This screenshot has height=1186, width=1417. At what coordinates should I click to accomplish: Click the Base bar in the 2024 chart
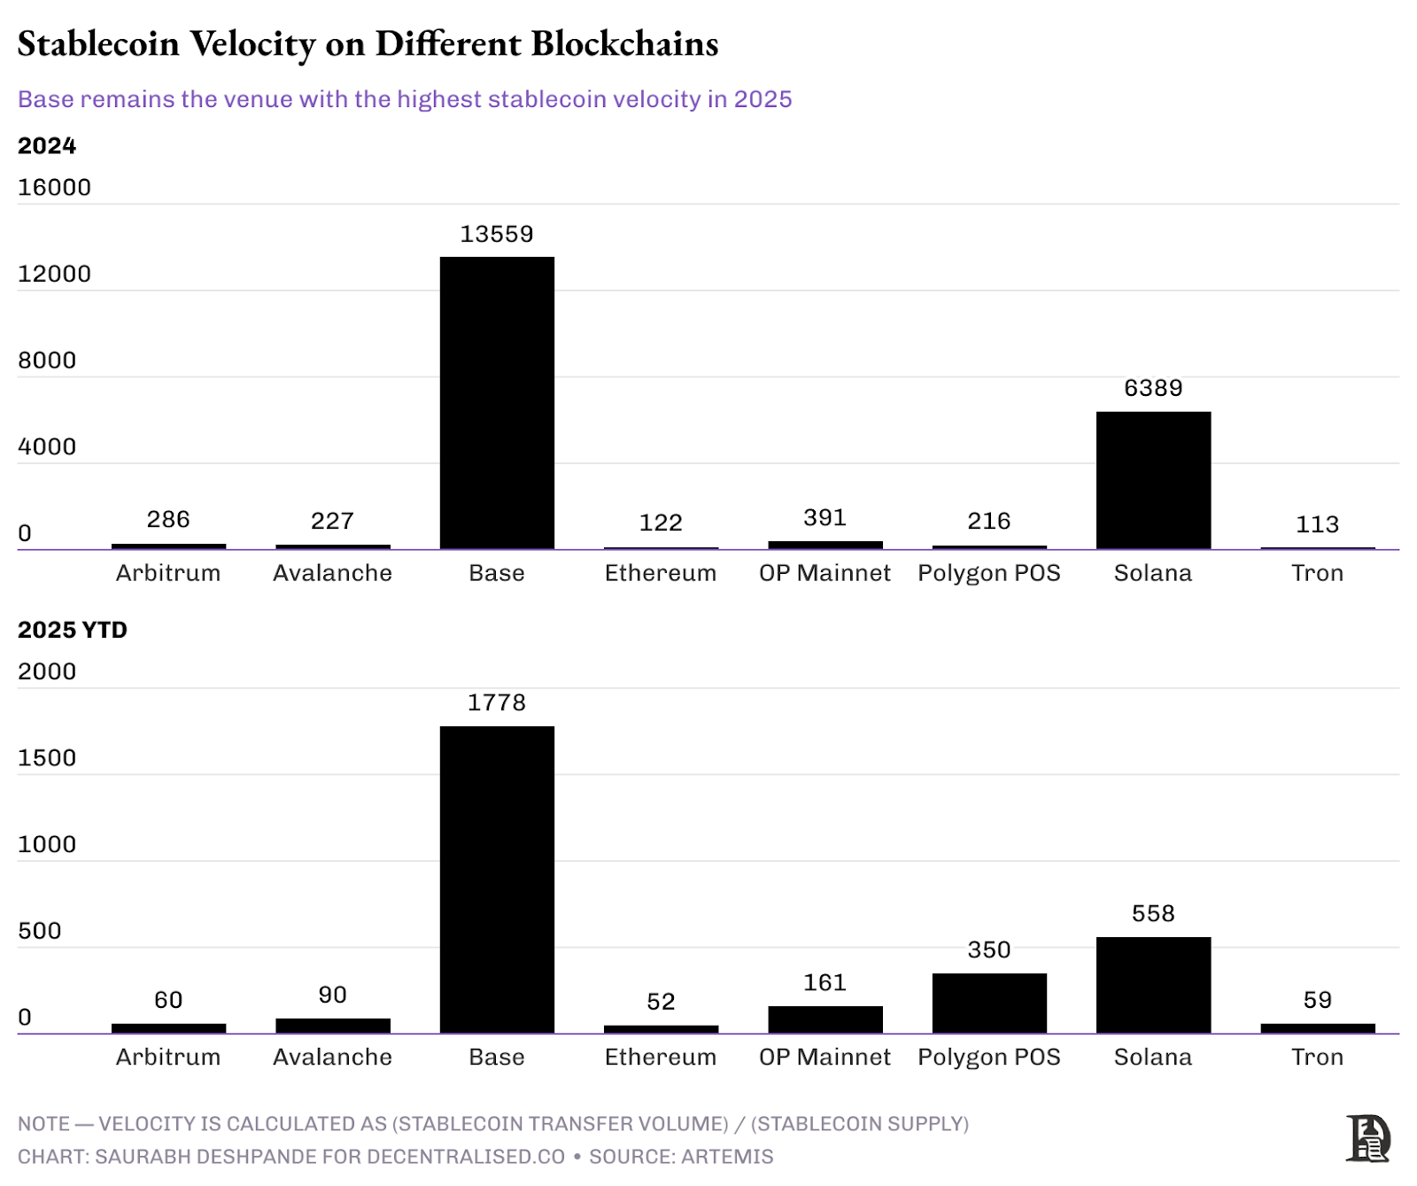click(x=497, y=403)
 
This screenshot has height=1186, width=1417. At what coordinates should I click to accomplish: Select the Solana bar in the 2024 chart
click(x=1153, y=480)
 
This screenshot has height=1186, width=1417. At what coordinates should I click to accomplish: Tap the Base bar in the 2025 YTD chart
click(x=497, y=880)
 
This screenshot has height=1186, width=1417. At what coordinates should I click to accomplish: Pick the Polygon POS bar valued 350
click(x=989, y=1003)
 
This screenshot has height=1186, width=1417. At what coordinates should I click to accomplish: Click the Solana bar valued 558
click(x=1153, y=985)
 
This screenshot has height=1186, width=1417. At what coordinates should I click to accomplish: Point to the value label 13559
click(x=497, y=234)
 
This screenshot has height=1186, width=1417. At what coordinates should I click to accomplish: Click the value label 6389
click(x=1153, y=388)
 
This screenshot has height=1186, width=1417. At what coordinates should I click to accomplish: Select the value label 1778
click(x=497, y=702)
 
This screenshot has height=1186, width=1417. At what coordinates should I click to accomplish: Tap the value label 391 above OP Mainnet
click(x=825, y=517)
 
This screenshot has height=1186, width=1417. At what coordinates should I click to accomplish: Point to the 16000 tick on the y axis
click(x=54, y=187)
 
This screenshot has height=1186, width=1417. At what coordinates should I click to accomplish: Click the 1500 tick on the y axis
click(x=47, y=757)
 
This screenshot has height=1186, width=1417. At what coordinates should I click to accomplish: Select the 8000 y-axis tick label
click(x=47, y=360)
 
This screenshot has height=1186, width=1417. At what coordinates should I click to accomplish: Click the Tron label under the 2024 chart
click(x=1317, y=573)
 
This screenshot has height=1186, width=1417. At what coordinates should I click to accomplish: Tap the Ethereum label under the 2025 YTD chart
click(x=661, y=1057)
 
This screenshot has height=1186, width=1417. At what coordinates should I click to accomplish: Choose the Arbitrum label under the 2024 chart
click(x=168, y=573)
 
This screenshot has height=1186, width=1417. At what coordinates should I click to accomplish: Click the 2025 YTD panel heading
click(x=73, y=630)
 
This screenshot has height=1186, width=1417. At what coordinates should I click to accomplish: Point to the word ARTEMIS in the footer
click(x=727, y=1157)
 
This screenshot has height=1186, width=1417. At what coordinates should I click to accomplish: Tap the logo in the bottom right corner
click(x=1367, y=1138)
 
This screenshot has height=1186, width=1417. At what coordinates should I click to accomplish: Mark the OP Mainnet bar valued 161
click(x=825, y=1019)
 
